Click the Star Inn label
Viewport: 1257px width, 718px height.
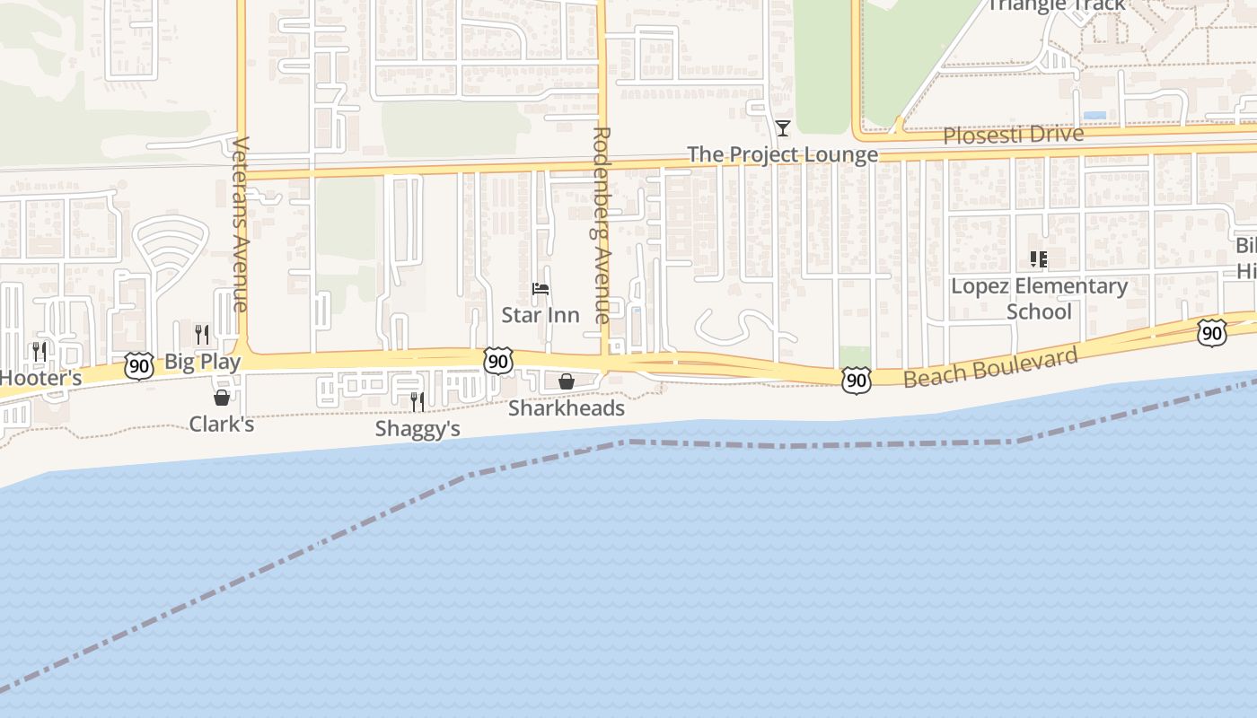pyautogui.click(x=540, y=315)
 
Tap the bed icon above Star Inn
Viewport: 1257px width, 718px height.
pyautogui.click(x=541, y=289)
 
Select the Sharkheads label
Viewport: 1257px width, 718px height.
pyautogui.click(x=566, y=408)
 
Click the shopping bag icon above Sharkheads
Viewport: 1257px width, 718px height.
pyautogui.click(x=567, y=381)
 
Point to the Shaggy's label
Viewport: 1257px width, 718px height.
pyautogui.click(x=418, y=429)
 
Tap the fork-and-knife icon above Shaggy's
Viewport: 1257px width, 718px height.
pyautogui.click(x=418, y=401)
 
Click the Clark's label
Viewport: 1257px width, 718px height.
pyautogui.click(x=221, y=424)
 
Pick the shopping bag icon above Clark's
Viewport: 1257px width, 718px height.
pyautogui.click(x=222, y=397)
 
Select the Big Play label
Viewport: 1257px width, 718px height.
pyautogui.click(x=202, y=362)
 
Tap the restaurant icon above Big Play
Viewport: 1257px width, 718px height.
pyautogui.click(x=202, y=335)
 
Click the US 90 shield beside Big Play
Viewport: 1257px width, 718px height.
pyautogui.click(x=138, y=366)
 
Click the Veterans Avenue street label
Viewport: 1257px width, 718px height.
pyautogui.click(x=240, y=224)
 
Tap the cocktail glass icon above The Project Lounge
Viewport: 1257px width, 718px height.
pyautogui.click(x=783, y=128)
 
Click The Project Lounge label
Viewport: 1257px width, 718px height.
pyautogui.click(x=782, y=154)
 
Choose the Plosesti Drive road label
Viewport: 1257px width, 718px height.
pyautogui.click(x=1013, y=135)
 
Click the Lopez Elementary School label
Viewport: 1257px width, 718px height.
pyautogui.click(x=1039, y=299)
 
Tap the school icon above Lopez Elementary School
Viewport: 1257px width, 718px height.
pyautogui.click(x=1039, y=260)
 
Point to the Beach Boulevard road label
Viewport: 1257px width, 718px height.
pyautogui.click(x=990, y=368)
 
